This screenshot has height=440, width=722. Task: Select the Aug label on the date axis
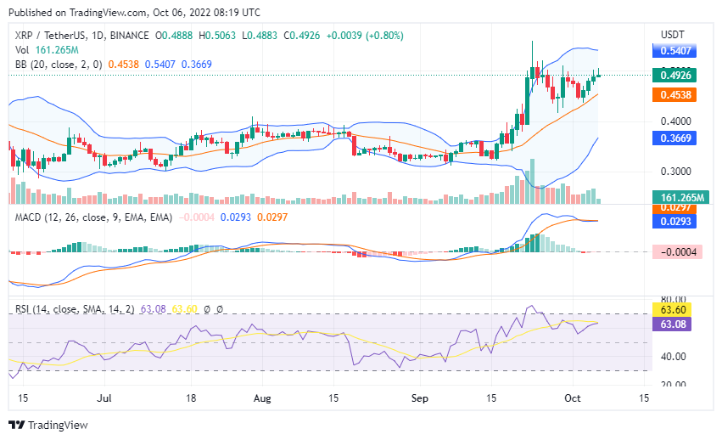(262, 397)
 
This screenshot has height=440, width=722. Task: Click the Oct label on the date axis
(573, 397)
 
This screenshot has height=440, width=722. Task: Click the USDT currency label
(672, 34)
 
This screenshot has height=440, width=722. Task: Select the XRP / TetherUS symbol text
(53, 36)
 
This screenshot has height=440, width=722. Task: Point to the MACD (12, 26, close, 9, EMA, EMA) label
(93, 217)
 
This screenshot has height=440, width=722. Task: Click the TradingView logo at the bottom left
(48, 425)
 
